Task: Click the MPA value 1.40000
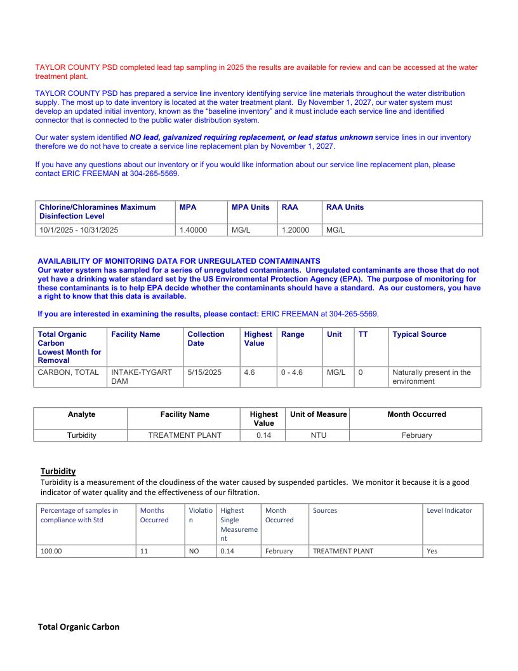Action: pyautogui.click(x=193, y=230)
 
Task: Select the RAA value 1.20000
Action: pyautogui.click(x=295, y=230)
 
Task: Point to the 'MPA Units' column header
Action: pyautogui.click(x=250, y=207)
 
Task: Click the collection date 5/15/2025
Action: pyautogui.click(x=204, y=372)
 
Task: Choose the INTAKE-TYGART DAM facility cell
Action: pyautogui.click(x=142, y=377)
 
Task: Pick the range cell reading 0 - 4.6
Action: pyautogui.click(x=292, y=372)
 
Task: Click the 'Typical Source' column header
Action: pyautogui.click(x=419, y=334)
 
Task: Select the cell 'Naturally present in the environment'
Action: pyautogui.click(x=432, y=377)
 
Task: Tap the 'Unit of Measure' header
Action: pyautogui.click(x=318, y=414)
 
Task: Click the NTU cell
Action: pyautogui.click(x=318, y=435)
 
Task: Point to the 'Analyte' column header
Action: pyautogui.click(x=81, y=414)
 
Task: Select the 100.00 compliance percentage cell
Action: pyautogui.click(x=51, y=551)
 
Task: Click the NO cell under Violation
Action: pyautogui.click(x=194, y=551)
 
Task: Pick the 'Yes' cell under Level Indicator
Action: pyautogui.click(x=432, y=551)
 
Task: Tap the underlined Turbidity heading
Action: pyautogui.click(x=58, y=471)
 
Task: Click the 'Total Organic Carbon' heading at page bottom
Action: pyautogui.click(x=79, y=627)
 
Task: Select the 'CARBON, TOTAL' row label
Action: pyautogui.click(x=68, y=372)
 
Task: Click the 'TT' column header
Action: pyautogui.click(x=362, y=334)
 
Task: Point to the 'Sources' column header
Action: pyautogui.click(x=325, y=510)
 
